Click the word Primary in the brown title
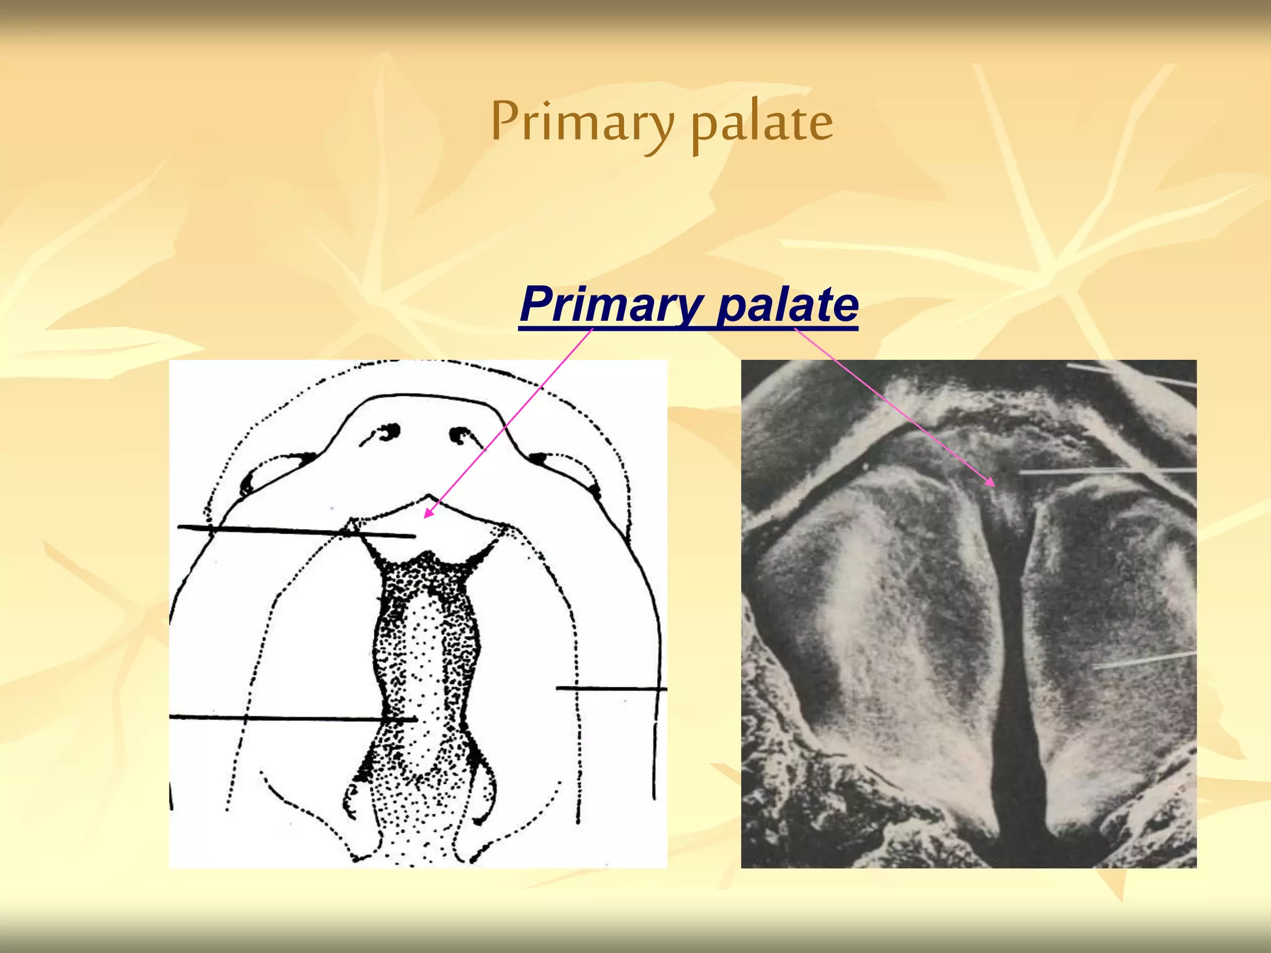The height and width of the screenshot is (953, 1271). [x=582, y=122]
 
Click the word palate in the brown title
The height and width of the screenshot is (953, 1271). [x=761, y=122]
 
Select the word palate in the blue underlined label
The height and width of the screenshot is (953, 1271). [x=787, y=304]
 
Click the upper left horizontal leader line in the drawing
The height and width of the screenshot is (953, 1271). [x=292, y=531]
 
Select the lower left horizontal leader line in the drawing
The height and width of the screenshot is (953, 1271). [x=292, y=718]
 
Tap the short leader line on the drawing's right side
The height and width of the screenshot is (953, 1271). [x=611, y=688]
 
